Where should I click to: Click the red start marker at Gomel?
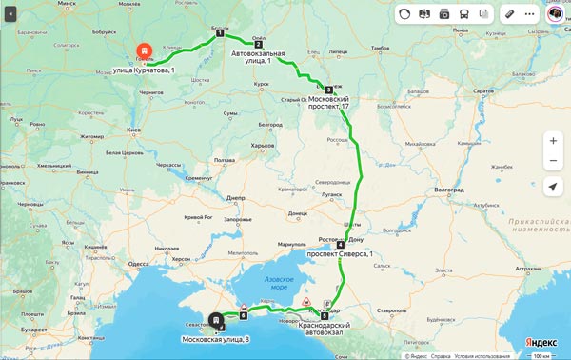point(142,50)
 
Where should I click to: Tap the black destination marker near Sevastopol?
point(217,319)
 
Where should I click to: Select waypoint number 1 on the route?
point(220,32)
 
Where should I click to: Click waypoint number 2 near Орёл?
point(258,44)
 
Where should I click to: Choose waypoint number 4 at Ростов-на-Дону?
point(340,245)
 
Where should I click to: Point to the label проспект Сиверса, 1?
point(340,255)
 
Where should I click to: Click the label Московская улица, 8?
point(217,340)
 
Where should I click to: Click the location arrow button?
point(553,187)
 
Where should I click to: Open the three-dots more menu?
point(530,14)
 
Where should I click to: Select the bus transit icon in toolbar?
point(463,14)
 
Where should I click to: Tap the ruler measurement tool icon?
point(509,14)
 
